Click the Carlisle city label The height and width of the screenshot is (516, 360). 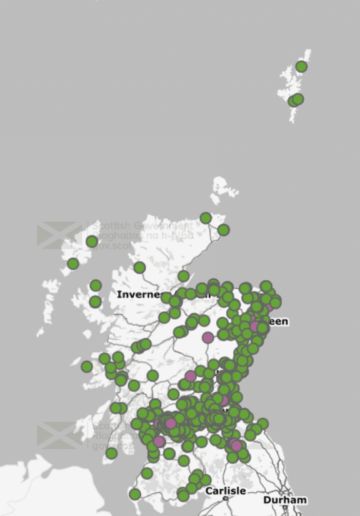click(x=226, y=491)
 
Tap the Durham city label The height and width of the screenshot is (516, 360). click(x=285, y=500)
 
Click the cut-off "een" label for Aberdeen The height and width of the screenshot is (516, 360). click(x=278, y=321)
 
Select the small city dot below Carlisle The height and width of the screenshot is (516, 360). click(x=226, y=498)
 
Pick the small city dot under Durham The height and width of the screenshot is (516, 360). click(x=285, y=507)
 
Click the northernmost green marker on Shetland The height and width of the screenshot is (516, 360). click(x=301, y=66)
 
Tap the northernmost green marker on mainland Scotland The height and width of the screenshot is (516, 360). click(x=206, y=218)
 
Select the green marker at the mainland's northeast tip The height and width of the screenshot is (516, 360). click(x=223, y=230)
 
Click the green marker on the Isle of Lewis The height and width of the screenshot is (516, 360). click(x=92, y=241)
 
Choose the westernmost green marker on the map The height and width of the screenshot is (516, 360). click(x=73, y=264)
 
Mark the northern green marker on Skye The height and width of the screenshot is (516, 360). click(x=96, y=286)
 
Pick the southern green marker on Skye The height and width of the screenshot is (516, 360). click(x=95, y=302)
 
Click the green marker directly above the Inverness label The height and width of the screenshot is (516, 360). click(x=139, y=268)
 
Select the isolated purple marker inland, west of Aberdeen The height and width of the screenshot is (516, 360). click(x=207, y=338)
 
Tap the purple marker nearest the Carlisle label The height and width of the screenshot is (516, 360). click(x=236, y=445)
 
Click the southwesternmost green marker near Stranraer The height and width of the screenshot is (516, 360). click(x=134, y=494)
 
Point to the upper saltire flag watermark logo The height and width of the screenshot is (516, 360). click(x=59, y=235)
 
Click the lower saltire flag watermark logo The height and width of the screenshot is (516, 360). click(x=59, y=435)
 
